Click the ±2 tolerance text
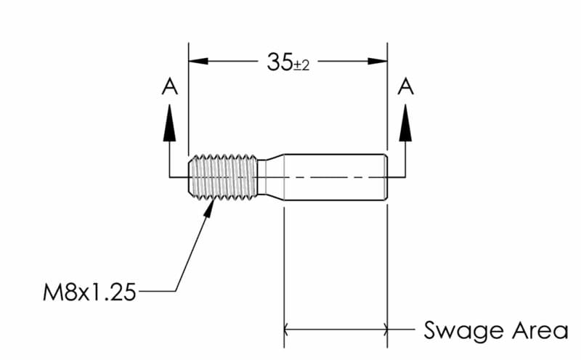(x=301, y=65)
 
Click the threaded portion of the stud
(x=224, y=176)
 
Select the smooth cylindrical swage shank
(x=334, y=176)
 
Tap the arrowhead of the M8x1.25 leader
(x=211, y=205)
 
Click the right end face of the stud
(x=387, y=176)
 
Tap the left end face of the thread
(x=190, y=176)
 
